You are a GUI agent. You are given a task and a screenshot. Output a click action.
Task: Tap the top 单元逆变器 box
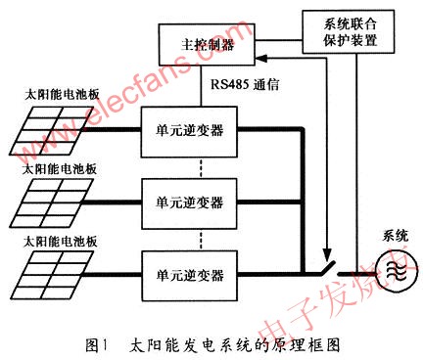coord(189,130)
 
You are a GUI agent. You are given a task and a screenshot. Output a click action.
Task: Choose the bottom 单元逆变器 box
coord(189,265)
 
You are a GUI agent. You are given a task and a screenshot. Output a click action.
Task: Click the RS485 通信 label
coord(246,84)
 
